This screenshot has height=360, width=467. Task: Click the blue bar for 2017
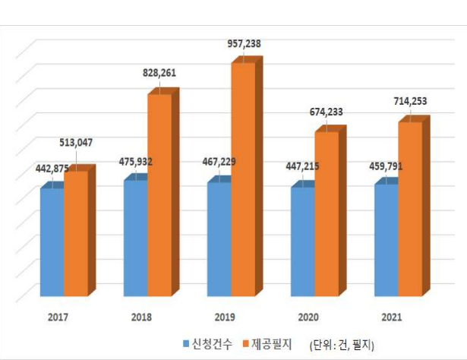click(52, 242)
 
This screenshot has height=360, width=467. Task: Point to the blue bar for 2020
click(302, 241)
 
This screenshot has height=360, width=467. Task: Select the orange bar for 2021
click(409, 208)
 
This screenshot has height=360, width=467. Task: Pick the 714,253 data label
click(410, 101)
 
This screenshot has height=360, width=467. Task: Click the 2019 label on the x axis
click(224, 315)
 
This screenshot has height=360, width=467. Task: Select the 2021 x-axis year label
click(392, 315)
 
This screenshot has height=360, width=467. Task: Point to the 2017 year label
click(57, 315)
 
